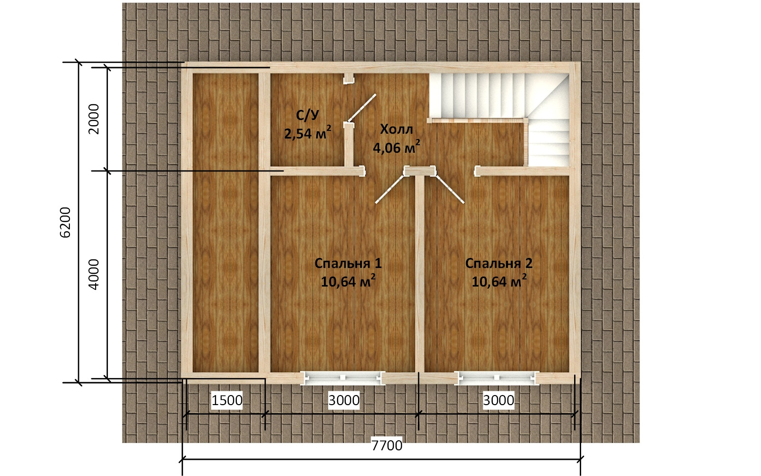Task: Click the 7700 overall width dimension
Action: (387, 445)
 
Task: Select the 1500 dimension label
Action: (227, 400)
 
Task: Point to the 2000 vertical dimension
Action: (93, 119)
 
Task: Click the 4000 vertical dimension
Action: (93, 274)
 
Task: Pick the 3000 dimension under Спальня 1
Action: (344, 400)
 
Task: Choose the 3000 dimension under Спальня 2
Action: (498, 400)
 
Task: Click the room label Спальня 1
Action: (348, 264)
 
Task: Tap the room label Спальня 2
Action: (499, 264)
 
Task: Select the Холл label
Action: (397, 129)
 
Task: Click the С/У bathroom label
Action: (307, 115)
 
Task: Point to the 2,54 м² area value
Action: (307, 133)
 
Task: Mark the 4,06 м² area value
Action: (397, 147)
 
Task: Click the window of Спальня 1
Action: (343, 377)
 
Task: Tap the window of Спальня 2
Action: (497, 377)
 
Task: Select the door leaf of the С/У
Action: (361, 108)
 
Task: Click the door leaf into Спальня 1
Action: (390, 189)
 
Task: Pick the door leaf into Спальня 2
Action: (450, 189)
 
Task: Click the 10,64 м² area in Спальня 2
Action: (499, 281)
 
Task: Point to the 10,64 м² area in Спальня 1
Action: (348, 281)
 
